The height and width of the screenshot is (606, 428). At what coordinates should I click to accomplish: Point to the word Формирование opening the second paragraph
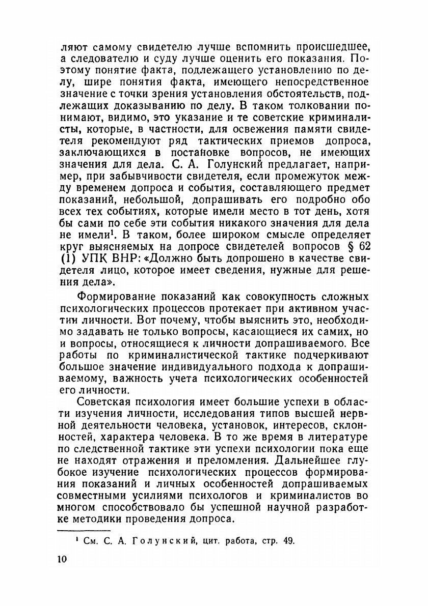coord(118,297)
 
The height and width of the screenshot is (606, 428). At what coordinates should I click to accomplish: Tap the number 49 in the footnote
coord(288,540)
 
